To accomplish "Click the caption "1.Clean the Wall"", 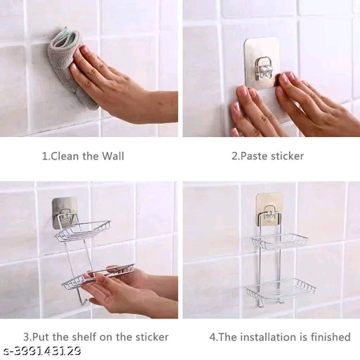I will click(83, 156).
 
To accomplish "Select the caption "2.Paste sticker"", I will click(268, 156).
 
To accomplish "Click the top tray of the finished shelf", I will click(280, 241).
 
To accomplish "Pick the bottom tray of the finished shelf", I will click(280, 288).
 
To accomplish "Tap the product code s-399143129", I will click(42, 351).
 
